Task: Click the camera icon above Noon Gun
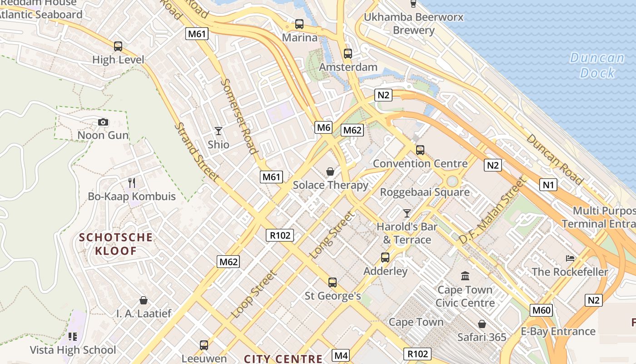point(103,122)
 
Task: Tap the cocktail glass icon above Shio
point(219,131)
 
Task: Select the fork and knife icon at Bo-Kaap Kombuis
point(132,183)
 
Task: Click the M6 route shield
point(323,127)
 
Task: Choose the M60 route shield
point(542,310)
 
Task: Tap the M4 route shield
point(341,355)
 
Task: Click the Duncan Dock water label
point(597,65)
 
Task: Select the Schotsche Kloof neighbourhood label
point(116,244)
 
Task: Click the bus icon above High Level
point(118,46)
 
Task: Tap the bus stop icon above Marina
point(299,24)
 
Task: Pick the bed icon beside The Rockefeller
point(570,258)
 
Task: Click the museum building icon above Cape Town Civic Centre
point(465,276)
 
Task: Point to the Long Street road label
point(332,235)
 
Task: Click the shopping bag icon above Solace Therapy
point(330,172)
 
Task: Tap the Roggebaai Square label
point(425,192)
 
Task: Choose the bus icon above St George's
point(333,282)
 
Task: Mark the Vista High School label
point(73,350)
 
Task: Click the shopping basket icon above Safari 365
point(482,324)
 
